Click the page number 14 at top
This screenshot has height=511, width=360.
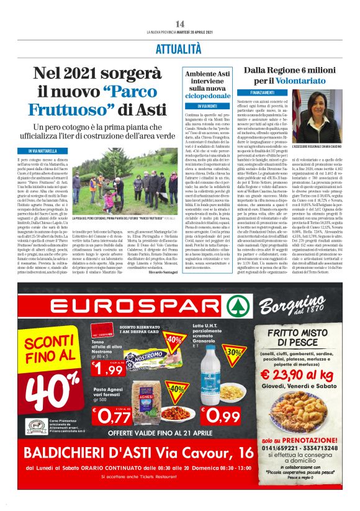pyautogui.click(x=180, y=23)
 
